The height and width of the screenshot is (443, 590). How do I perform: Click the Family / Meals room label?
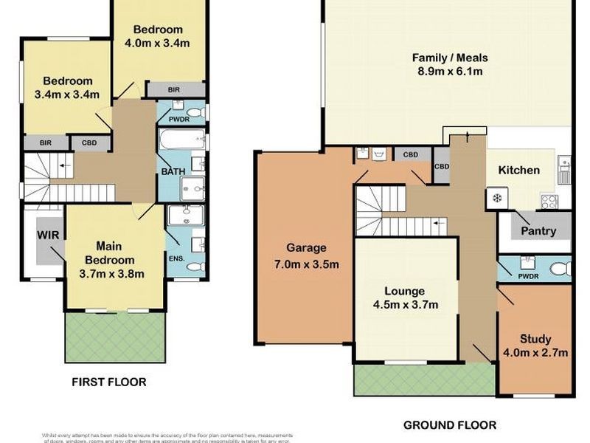point(449,58)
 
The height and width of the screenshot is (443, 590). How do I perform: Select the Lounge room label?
point(402,290)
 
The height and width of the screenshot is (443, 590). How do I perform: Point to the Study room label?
point(535,339)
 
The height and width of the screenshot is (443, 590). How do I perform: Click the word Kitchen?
point(519,170)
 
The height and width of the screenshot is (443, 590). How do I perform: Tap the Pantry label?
point(538,231)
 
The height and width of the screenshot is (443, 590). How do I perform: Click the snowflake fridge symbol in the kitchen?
point(495,199)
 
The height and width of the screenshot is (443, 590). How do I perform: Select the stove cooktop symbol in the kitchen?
point(549,199)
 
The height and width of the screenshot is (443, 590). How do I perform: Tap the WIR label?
point(48,236)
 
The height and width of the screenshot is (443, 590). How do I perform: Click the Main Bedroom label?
point(109,253)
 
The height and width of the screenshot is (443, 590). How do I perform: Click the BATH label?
point(173,171)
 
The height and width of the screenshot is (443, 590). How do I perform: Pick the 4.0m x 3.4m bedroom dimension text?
point(158,43)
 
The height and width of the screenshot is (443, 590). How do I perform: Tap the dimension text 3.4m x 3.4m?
point(67,95)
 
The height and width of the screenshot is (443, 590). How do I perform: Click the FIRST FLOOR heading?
point(108,382)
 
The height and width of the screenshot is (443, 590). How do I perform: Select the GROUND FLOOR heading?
point(449,425)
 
